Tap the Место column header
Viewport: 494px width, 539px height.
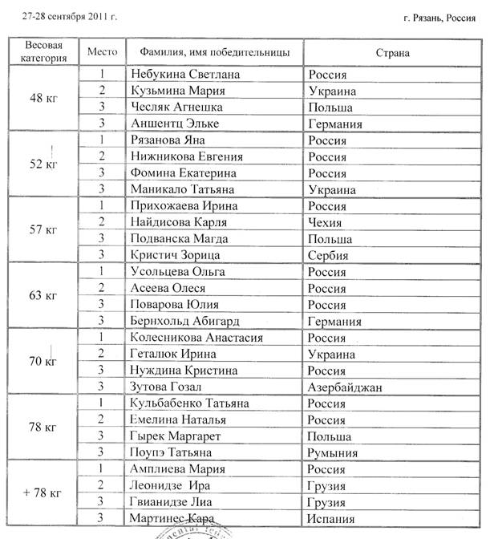(x=102, y=51)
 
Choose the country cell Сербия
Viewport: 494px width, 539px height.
(x=329, y=256)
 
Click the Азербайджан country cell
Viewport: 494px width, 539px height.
(x=346, y=387)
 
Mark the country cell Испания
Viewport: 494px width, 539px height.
(x=331, y=519)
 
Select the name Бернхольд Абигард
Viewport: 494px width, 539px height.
(x=188, y=322)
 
